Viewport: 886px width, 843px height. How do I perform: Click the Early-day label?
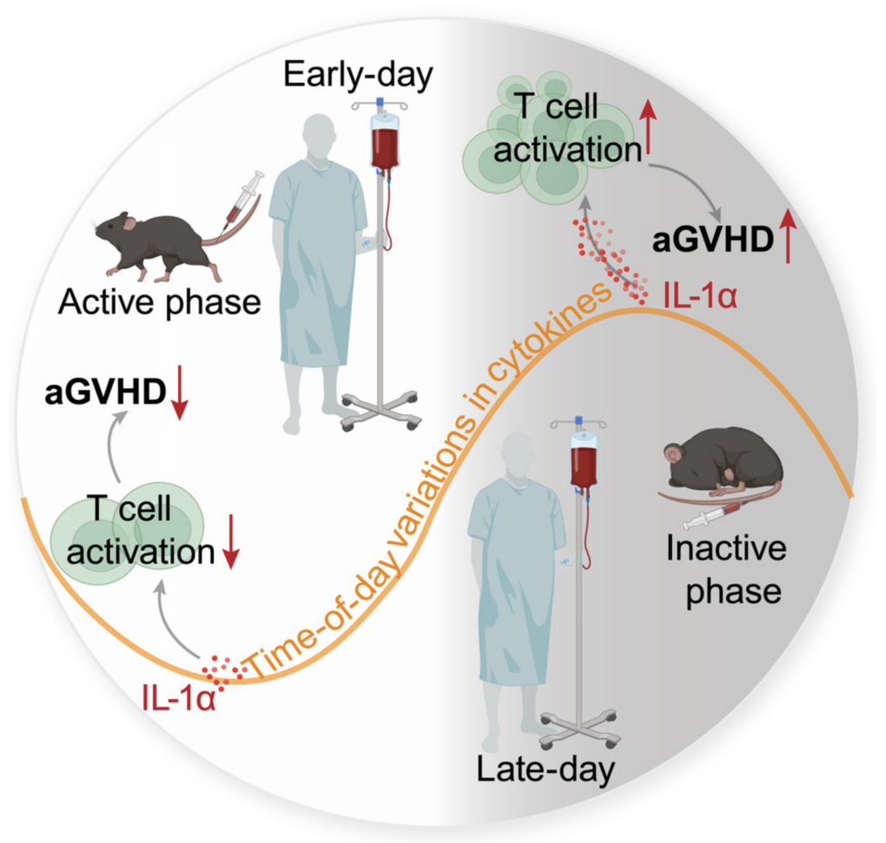(357, 75)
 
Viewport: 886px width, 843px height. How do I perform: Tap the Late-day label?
(545, 769)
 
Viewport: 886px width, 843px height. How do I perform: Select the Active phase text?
(159, 303)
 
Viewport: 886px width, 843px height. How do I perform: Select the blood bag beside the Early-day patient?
(385, 141)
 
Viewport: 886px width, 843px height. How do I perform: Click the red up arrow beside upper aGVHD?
(787, 239)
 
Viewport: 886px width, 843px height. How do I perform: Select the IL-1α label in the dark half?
(700, 297)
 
